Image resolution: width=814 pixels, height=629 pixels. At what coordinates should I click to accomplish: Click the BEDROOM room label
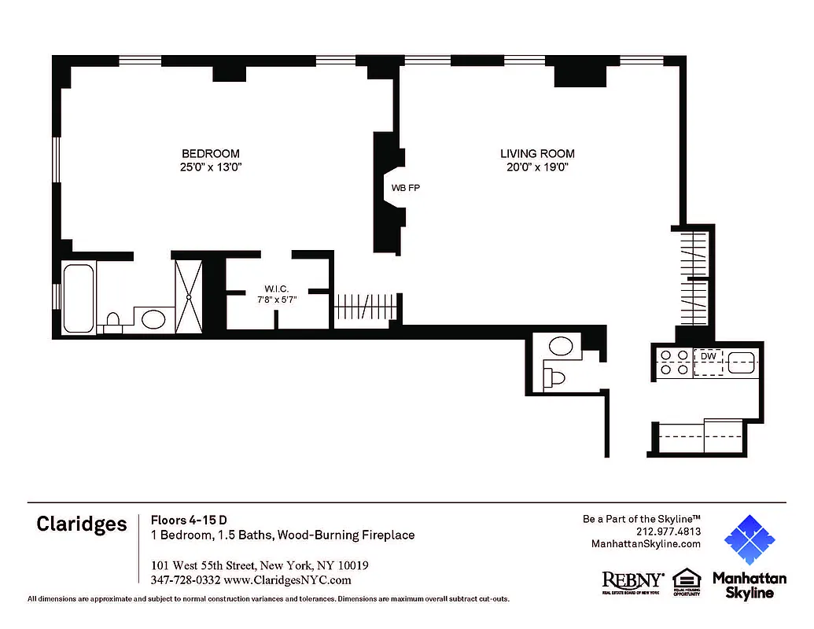pos(210,153)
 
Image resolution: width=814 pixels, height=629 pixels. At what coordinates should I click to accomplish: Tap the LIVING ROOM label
pos(537,153)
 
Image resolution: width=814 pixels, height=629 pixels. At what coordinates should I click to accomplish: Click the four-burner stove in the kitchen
pos(673,362)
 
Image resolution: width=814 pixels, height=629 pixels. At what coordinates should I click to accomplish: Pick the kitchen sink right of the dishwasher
pos(742,362)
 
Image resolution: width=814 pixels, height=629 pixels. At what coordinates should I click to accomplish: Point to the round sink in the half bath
pos(561,346)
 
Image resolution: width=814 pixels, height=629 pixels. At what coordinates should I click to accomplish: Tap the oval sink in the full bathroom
pos(153,318)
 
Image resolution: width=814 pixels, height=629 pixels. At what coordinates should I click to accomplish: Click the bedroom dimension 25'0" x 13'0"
pos(210,167)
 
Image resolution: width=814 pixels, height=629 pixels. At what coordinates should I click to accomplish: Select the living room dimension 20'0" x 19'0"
pos(537,167)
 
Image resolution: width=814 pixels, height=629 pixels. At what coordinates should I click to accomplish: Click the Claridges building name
pos(81,524)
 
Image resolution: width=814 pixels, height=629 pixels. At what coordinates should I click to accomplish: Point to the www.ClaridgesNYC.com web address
pos(287,580)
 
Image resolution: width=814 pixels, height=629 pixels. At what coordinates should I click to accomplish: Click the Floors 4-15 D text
pos(189,520)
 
